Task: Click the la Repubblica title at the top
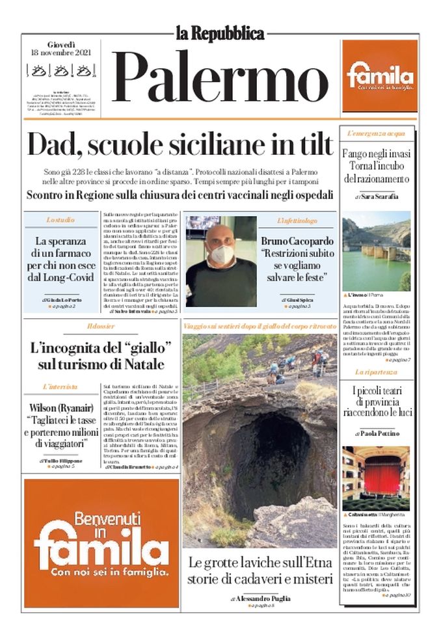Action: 220,33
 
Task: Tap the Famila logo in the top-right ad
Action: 380,75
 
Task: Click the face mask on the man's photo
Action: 222,254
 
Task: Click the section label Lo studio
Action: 60,221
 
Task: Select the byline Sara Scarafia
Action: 380,196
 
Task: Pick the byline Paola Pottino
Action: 381,433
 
